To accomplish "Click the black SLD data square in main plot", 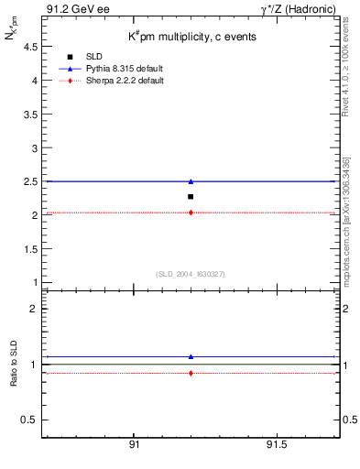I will (191, 197).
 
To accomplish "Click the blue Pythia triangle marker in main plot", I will (191, 181).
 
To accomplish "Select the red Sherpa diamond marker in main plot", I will (191, 213).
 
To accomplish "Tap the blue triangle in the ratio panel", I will (191, 356).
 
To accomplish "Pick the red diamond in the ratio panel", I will (191, 373).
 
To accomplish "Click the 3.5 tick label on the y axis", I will (31, 115).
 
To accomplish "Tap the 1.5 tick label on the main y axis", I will (31, 249).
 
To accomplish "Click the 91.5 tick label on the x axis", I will (276, 444).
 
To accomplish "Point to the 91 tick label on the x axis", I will (134, 444).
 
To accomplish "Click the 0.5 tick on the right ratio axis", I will (347, 420).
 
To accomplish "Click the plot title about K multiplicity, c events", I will (191, 37).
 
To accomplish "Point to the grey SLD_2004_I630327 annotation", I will (191, 274).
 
